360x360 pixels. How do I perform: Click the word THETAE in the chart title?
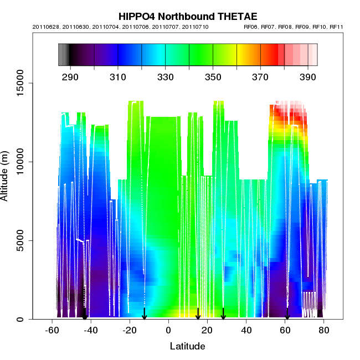pos(222,17)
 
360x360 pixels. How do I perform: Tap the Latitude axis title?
pos(187,347)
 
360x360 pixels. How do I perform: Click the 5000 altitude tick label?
pos(22,240)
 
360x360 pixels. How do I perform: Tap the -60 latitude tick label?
pos(52,331)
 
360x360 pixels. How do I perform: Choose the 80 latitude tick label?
pos(324,331)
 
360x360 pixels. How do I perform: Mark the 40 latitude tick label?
pos(246,331)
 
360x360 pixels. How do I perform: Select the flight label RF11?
pos(336,27)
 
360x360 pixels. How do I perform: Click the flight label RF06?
pos(252,27)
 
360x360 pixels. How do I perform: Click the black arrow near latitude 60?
pos(287,314)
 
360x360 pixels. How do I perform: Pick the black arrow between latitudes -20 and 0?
pos(144,313)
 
